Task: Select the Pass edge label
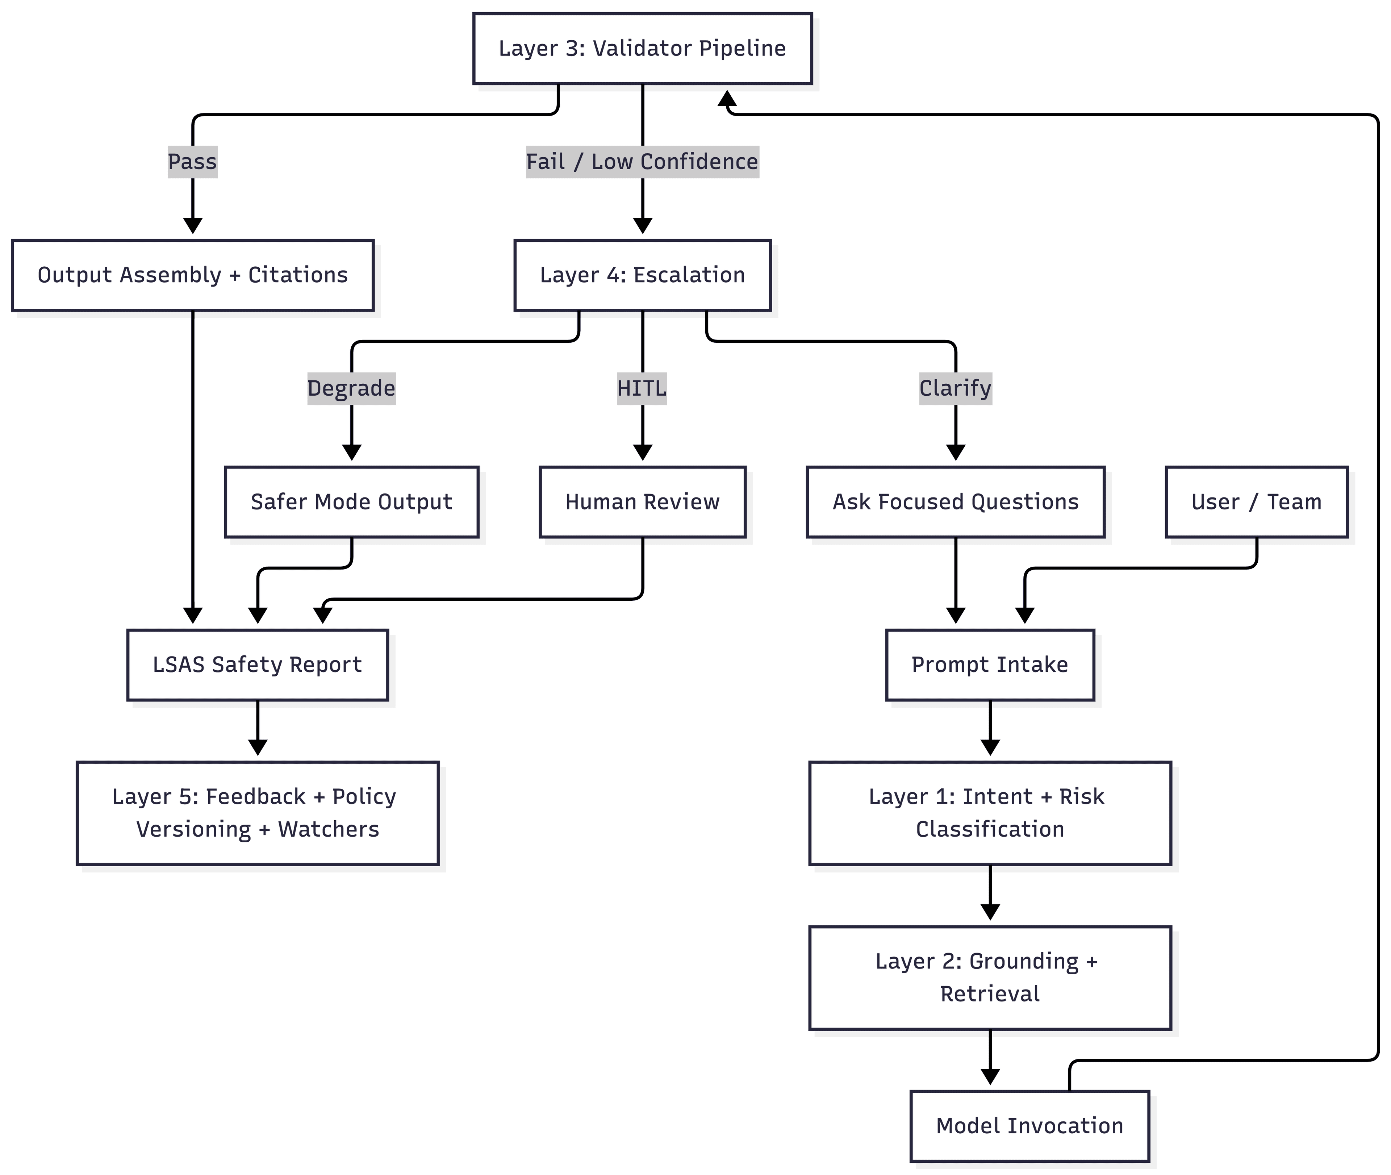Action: coord(192,162)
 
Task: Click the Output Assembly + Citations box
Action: coord(192,275)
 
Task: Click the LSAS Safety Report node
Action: coord(257,665)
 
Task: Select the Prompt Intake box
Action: coord(990,665)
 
